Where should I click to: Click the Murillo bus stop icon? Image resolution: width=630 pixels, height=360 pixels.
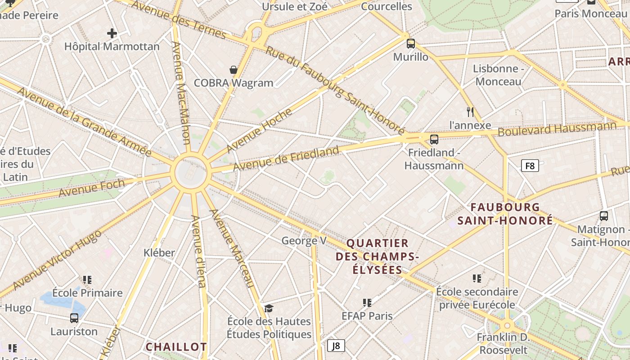tap(410, 44)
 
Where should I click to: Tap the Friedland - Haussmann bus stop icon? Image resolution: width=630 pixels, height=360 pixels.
tap(434, 139)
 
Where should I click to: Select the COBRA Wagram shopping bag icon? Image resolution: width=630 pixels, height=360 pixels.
tap(234, 70)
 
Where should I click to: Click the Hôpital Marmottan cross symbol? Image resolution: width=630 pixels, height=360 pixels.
tap(112, 33)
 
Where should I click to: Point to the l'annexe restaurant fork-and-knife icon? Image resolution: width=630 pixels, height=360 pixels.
tap(470, 112)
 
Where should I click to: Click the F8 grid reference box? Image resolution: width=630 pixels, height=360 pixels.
tap(530, 166)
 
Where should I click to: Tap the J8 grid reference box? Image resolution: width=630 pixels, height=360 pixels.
tap(336, 346)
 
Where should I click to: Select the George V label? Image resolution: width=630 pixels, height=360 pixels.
tap(304, 241)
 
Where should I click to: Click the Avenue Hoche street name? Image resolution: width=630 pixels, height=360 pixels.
tap(259, 131)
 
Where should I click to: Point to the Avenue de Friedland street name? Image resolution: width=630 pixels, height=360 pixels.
tap(286, 159)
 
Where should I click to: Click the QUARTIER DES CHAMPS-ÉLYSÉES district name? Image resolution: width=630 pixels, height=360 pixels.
tap(378, 256)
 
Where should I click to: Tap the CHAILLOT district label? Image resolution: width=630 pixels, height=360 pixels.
tap(176, 347)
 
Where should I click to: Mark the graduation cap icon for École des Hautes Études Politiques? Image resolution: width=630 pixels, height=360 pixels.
tap(269, 308)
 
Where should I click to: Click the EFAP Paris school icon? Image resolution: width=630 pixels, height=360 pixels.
tap(367, 303)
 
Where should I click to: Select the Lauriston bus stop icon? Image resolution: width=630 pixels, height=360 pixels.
tap(74, 318)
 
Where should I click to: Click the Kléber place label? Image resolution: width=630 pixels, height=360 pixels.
tap(159, 252)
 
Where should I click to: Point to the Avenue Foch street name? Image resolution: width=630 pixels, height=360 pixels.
tap(92, 188)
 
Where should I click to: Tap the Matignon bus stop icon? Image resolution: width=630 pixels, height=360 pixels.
tap(603, 216)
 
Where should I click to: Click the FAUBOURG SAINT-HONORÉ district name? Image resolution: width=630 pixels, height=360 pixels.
tap(505, 214)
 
